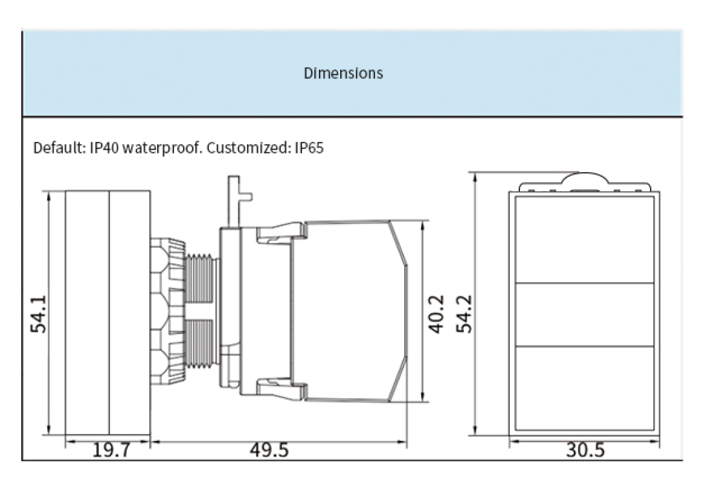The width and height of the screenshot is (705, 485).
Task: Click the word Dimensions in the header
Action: [343, 73]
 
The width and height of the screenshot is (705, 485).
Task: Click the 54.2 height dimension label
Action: [464, 313]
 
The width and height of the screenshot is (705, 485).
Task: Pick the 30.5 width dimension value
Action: [585, 450]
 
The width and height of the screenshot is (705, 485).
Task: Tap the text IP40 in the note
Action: [103, 148]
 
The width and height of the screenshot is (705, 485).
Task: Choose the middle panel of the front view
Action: [585, 315]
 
